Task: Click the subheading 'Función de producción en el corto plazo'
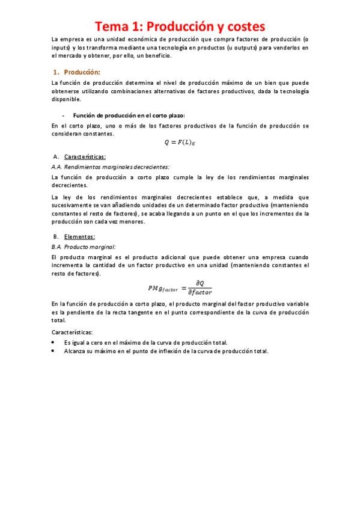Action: coord(129,115)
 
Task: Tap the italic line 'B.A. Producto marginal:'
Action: coord(84,247)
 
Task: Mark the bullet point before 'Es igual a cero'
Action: coord(54,342)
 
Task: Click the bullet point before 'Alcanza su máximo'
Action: coord(54,351)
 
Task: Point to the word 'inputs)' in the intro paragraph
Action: coord(62,48)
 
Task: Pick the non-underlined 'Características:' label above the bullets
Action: coord(73,332)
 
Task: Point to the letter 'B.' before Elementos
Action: coord(55,237)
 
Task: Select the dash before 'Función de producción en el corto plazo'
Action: coord(63,115)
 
